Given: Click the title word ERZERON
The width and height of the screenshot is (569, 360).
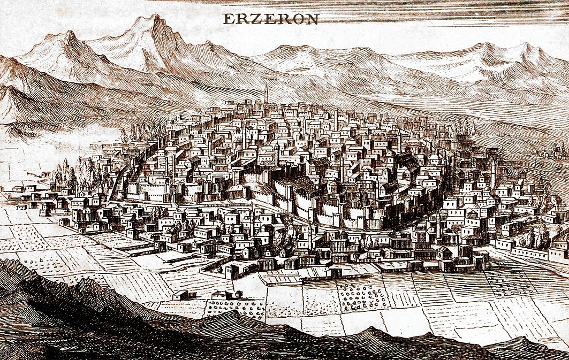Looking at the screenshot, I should (270, 19).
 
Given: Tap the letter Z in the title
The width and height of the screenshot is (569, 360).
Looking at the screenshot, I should (248, 19).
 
